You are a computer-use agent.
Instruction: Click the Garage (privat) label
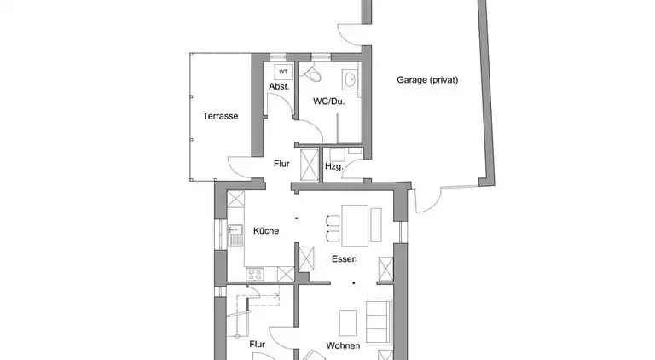click(427, 80)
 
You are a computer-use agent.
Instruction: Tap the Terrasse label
click(220, 116)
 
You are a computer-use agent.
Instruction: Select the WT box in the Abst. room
click(283, 72)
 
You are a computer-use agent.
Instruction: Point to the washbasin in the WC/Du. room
click(349, 79)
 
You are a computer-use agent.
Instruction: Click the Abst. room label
click(279, 87)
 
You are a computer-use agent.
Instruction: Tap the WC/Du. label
click(328, 101)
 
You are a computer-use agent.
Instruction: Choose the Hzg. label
click(333, 166)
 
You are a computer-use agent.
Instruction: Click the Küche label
click(266, 231)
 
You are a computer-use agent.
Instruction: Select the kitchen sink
click(235, 235)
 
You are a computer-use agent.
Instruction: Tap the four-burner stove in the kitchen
click(254, 274)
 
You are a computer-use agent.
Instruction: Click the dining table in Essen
click(355, 225)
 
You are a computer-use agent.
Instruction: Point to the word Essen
click(345, 259)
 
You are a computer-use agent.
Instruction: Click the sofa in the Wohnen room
click(379, 321)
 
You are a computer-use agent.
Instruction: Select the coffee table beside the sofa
click(348, 322)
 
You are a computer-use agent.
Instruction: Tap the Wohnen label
click(343, 345)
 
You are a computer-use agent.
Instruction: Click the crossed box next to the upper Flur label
click(310, 164)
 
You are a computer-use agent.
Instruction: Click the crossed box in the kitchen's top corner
click(235, 198)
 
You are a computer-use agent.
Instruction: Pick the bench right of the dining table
click(376, 224)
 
